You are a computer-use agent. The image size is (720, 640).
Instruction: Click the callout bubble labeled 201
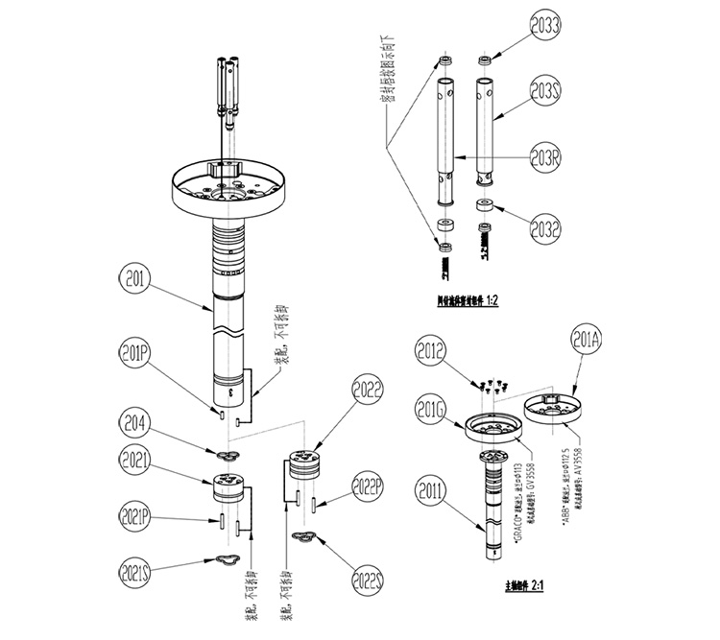click(x=134, y=281)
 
